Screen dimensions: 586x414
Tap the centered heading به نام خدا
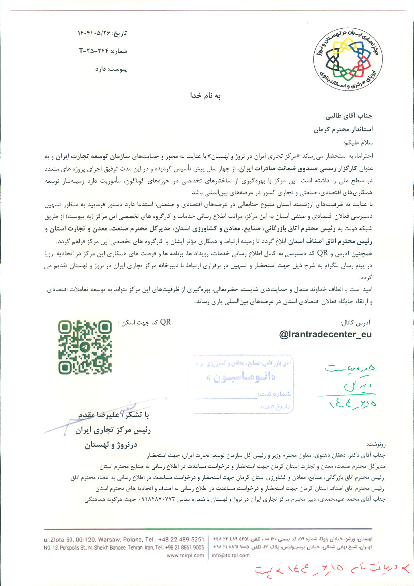click(205, 96)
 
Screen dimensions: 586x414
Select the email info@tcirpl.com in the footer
click(231, 555)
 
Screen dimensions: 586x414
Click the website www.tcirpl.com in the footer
click(185, 555)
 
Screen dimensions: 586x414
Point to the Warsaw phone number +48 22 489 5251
click(181, 540)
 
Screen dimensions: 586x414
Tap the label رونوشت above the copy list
click(376, 445)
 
